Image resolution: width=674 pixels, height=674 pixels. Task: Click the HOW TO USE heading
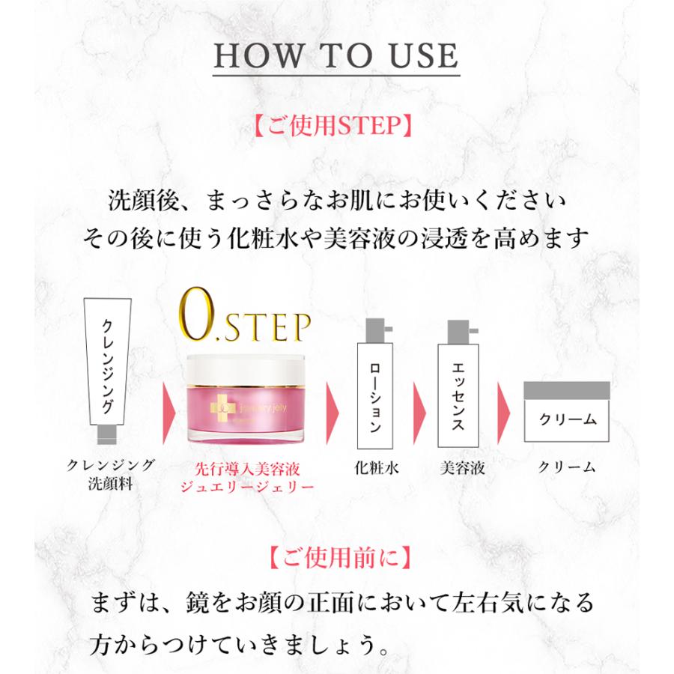[336, 58]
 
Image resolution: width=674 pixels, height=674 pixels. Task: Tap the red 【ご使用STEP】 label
[336, 125]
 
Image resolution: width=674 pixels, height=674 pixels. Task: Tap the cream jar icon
[567, 412]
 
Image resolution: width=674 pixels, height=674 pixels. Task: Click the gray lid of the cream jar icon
[567, 391]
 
